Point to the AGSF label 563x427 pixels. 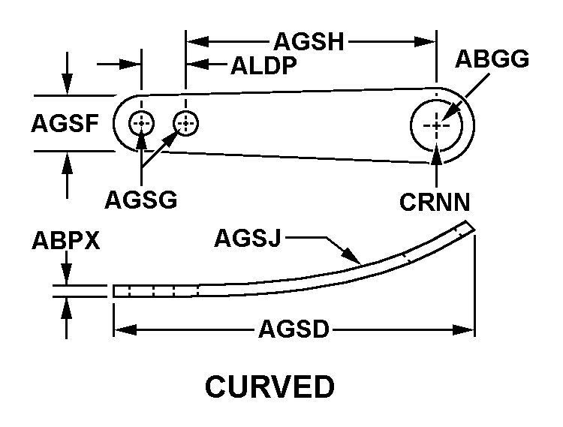(65, 123)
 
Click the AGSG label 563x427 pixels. (140, 200)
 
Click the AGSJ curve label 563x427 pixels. (249, 238)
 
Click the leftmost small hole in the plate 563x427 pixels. (141, 123)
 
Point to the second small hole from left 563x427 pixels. (185, 122)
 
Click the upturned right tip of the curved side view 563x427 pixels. (470, 226)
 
